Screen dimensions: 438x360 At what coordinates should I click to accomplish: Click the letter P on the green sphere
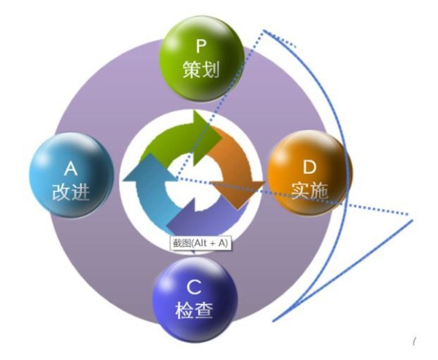[201, 46]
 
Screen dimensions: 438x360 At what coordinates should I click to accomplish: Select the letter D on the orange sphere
[310, 167]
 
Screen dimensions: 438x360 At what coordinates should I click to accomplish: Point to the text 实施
[310, 191]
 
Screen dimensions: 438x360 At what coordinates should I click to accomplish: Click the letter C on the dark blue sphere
[194, 287]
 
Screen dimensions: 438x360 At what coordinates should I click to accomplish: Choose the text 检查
[194, 310]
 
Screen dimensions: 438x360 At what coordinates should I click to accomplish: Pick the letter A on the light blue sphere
[71, 169]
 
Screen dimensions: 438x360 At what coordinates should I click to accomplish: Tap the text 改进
[71, 192]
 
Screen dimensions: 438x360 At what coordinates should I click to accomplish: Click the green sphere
[201, 58]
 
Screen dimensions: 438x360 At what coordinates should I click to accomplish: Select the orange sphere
[310, 173]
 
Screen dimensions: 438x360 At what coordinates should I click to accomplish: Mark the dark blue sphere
[195, 299]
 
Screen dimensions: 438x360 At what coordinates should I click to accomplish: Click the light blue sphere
[72, 175]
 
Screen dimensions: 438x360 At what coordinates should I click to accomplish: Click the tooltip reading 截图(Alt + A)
[201, 243]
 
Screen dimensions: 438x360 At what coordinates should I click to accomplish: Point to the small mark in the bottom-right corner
[415, 341]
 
